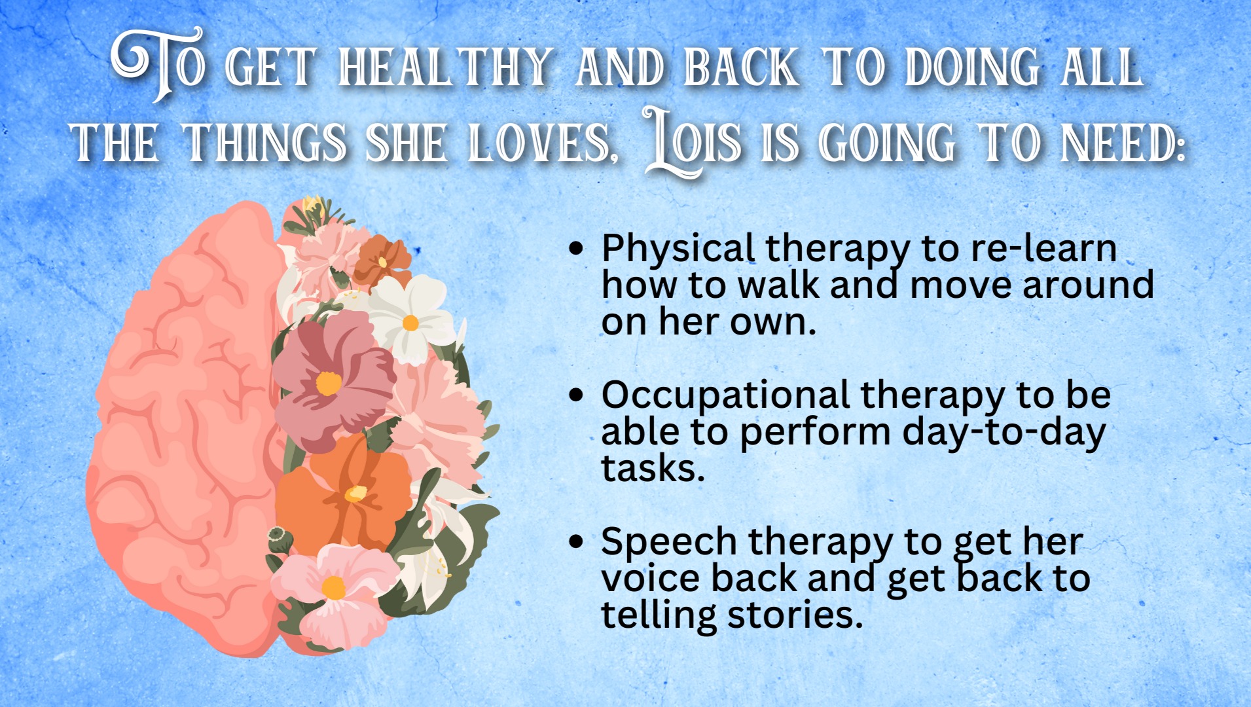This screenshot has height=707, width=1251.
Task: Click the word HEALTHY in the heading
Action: point(446,67)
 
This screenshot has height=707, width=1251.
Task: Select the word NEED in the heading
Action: point(1122,143)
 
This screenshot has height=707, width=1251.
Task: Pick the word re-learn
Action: point(1043,249)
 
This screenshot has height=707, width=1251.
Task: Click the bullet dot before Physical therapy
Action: point(576,249)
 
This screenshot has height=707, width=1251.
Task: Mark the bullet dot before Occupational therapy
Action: point(576,395)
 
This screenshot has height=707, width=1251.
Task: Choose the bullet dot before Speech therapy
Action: point(576,542)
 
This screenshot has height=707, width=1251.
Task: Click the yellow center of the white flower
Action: point(410,323)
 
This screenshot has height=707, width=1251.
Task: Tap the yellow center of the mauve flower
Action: point(328,383)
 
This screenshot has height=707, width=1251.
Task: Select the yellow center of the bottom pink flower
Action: point(333,587)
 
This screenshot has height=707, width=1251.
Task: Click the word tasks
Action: point(653,469)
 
